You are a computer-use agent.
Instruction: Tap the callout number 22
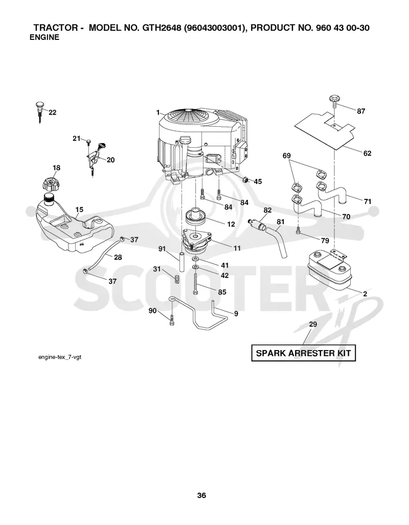53,112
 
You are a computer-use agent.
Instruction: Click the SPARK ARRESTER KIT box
304,353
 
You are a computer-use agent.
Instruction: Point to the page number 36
201,495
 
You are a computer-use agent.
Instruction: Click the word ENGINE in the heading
44,37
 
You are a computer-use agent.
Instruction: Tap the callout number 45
258,181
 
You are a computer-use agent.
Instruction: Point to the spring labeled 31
177,278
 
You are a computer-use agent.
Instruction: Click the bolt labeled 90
172,321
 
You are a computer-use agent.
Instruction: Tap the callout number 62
368,153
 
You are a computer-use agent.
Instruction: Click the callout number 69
286,156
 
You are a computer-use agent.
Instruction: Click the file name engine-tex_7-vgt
60,357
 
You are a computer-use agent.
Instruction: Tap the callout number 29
313,324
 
